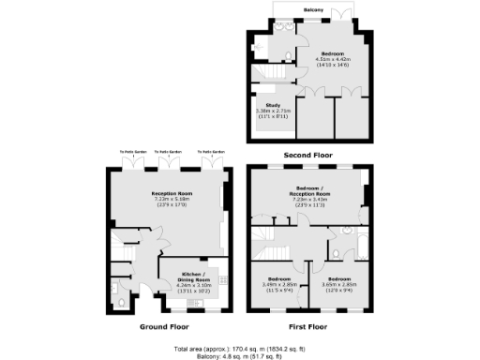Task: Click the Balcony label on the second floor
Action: (313, 10)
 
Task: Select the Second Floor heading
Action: (309, 152)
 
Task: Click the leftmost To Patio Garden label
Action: (132, 152)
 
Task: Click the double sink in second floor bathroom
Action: (282, 41)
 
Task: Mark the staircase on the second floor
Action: (273, 72)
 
